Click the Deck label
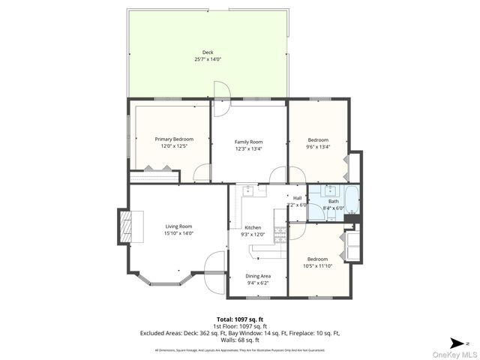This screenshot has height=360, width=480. click(x=208, y=52)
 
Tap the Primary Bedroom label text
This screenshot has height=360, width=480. click(x=174, y=139)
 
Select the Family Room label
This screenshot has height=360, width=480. click(x=248, y=142)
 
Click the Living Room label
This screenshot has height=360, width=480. click(x=178, y=226)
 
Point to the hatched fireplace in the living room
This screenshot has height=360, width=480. click(x=124, y=225)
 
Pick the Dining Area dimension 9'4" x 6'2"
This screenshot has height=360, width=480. click(x=258, y=283)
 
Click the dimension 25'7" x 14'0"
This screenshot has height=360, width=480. click(x=208, y=58)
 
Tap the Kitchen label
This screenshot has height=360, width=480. click(x=253, y=227)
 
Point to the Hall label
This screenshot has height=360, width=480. click(x=298, y=198)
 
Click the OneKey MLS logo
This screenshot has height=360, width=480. click(x=457, y=354)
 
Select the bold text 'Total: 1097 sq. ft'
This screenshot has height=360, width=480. click(x=239, y=318)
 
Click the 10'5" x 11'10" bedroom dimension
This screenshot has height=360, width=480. click(x=317, y=265)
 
